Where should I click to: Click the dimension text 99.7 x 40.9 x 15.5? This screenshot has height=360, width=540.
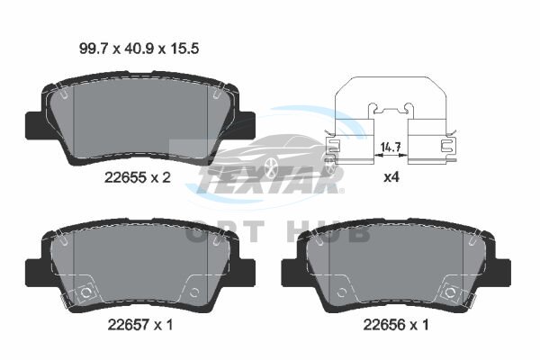click(x=139, y=49)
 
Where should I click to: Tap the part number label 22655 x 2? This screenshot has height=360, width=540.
click(x=138, y=177)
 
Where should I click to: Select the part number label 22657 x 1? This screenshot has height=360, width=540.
click(x=140, y=324)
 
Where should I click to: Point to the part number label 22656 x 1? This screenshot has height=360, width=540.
click(x=396, y=324)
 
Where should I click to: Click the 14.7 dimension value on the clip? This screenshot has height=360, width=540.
click(x=391, y=148)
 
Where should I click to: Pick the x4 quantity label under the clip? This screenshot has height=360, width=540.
click(x=391, y=177)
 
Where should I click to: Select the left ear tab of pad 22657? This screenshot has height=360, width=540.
click(x=35, y=272)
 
